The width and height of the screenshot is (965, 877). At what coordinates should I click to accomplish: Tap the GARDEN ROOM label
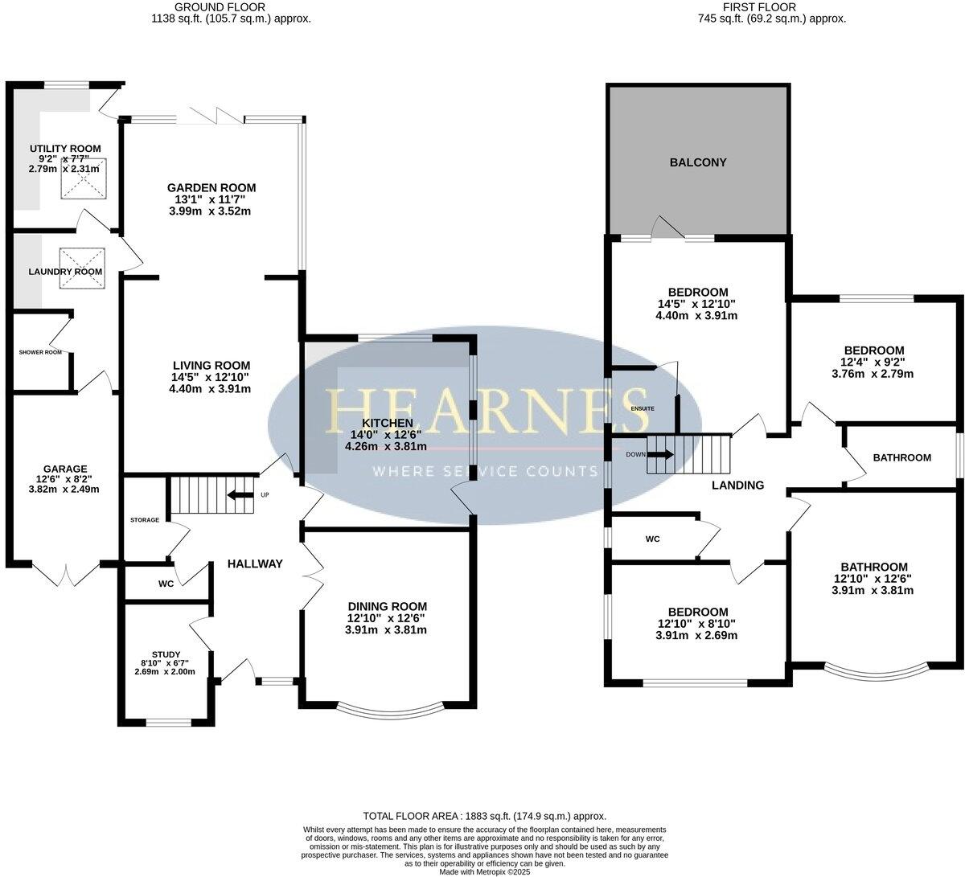(x=212, y=187)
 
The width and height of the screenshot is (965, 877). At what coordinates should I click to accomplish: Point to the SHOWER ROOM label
(x=40, y=352)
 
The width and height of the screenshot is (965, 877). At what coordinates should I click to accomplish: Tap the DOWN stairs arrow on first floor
(x=660, y=454)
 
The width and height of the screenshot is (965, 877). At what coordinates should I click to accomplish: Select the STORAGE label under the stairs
(x=145, y=520)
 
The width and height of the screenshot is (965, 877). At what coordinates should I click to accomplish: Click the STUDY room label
(x=166, y=654)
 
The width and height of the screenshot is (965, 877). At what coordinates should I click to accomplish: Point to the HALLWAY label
(x=255, y=563)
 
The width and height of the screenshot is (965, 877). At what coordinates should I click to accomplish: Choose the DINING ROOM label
(x=387, y=606)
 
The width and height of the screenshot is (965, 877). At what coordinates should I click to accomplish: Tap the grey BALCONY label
(x=697, y=162)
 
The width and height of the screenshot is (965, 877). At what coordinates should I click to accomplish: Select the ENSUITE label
(x=642, y=409)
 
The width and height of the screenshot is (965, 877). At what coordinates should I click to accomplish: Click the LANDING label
(x=737, y=485)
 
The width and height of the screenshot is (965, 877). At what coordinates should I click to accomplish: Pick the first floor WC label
(x=652, y=539)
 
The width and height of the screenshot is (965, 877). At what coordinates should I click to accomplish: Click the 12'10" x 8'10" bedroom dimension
(x=697, y=624)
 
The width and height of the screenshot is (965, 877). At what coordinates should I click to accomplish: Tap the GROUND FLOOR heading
(x=231, y=7)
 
